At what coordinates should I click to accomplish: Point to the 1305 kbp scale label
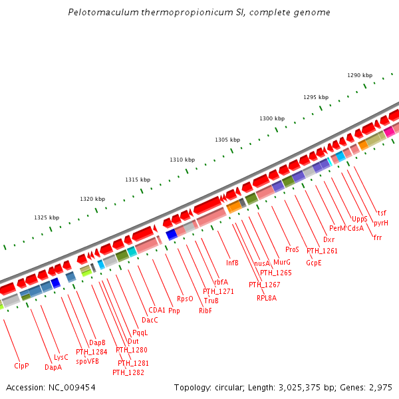click(227, 140)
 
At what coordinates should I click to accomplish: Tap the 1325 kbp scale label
click(47, 217)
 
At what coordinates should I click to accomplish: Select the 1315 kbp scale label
click(138, 180)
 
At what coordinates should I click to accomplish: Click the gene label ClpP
click(22, 366)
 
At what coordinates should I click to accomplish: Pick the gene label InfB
click(232, 263)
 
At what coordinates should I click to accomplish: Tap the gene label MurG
click(282, 263)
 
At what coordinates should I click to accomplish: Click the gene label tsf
click(382, 213)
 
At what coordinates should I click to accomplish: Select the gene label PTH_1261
click(322, 251)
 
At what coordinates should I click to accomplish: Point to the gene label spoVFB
click(87, 361)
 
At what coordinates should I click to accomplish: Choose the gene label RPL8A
click(267, 298)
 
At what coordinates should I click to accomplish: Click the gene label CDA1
click(157, 310)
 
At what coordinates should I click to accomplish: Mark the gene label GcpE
click(314, 263)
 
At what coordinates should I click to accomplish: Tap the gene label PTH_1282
click(128, 372)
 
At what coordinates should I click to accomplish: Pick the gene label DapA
click(53, 367)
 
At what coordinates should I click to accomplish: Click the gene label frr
click(378, 237)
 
